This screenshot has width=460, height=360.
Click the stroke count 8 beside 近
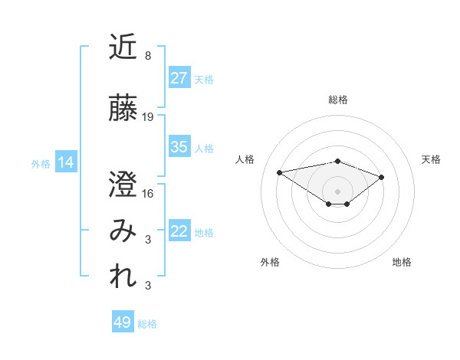[147, 56]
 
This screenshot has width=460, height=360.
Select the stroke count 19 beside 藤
[148, 117]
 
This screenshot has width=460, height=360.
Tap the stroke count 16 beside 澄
[148, 193]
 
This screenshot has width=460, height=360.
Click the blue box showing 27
[179, 78]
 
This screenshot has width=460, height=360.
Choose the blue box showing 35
[179, 147]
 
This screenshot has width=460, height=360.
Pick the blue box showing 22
[179, 232]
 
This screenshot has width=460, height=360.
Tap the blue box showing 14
[65, 162]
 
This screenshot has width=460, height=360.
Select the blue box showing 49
[123, 322]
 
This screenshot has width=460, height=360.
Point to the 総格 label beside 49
[147, 324]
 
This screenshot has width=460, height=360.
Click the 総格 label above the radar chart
[337, 100]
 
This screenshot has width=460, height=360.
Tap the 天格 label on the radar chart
[431, 159]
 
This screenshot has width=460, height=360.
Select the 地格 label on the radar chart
[402, 262]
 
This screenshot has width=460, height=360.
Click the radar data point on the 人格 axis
[280, 172]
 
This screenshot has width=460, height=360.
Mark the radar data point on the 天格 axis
[382, 177]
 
